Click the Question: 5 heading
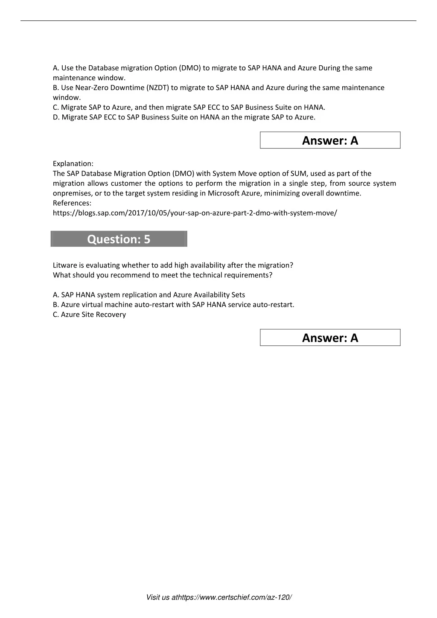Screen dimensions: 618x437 point(119,239)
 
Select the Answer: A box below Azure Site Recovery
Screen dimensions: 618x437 point(330,338)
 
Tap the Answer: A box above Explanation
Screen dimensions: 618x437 point(330,140)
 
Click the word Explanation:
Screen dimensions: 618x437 point(73,163)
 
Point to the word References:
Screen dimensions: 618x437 point(72,203)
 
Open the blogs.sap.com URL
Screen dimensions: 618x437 point(195,213)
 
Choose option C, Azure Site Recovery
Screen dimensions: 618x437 point(89,315)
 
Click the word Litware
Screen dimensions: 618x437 point(65,265)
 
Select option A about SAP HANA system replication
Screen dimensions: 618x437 point(149,294)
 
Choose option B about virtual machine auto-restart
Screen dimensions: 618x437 point(173,305)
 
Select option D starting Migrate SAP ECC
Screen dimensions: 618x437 point(184,117)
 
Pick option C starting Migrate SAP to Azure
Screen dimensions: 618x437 point(189,107)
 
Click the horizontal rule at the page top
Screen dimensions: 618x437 point(218,20)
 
